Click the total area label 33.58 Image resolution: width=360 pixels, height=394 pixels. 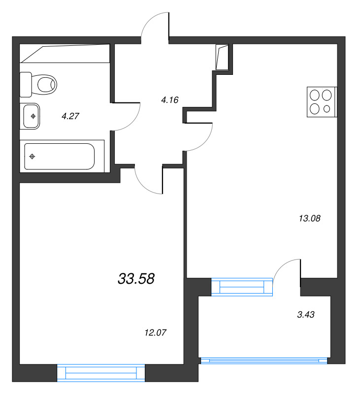(136, 279)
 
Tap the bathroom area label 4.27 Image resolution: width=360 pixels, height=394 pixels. (70, 116)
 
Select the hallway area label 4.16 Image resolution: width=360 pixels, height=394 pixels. (169, 100)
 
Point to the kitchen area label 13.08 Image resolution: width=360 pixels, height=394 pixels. (310, 218)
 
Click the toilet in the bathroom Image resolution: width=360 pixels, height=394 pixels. (43, 85)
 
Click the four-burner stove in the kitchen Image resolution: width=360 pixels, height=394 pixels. (322, 102)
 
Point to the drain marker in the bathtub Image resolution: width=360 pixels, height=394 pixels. (33, 157)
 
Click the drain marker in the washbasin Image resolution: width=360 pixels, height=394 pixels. (33, 116)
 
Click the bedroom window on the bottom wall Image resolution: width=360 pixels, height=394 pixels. (101, 373)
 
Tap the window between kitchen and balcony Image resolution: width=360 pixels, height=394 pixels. (242, 287)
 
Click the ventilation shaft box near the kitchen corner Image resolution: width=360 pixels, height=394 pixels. (223, 57)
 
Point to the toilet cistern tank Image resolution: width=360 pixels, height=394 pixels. (26, 85)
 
